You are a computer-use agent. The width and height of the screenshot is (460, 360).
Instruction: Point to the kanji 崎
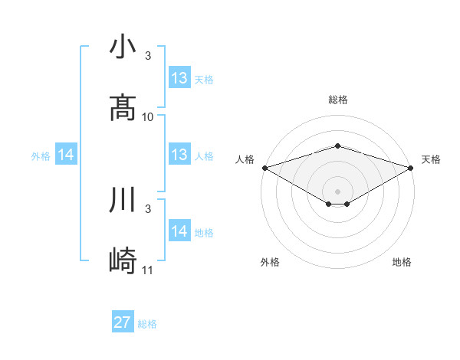coord(123,260)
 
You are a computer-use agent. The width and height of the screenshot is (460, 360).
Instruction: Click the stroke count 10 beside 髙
coord(148,117)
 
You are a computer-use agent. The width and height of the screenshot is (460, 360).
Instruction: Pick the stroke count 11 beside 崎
coord(148,270)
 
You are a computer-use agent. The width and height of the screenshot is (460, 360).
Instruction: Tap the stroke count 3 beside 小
coord(148,56)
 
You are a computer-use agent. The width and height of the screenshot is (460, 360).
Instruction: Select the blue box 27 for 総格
coord(123,322)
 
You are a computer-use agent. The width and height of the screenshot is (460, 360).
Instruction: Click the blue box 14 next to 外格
coord(66,155)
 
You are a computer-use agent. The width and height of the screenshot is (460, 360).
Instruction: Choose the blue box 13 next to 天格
coord(179,78)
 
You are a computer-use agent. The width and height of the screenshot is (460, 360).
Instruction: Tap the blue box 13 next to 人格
coord(179,155)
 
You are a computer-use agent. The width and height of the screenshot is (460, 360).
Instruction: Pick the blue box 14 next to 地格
coord(179,231)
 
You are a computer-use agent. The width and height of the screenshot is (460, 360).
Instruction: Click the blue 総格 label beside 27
coord(147,324)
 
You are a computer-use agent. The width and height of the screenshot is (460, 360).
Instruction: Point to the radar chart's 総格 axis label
coord(337,100)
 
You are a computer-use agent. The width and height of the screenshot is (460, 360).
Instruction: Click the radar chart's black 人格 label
coord(245,159)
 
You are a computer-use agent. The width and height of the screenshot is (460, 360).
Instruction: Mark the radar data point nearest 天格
coord(412,167)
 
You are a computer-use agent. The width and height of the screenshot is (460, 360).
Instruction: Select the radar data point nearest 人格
coord(264,167)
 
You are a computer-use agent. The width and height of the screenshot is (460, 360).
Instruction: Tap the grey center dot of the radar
coord(337,191)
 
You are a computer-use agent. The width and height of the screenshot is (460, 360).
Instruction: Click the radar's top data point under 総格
coord(337,146)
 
